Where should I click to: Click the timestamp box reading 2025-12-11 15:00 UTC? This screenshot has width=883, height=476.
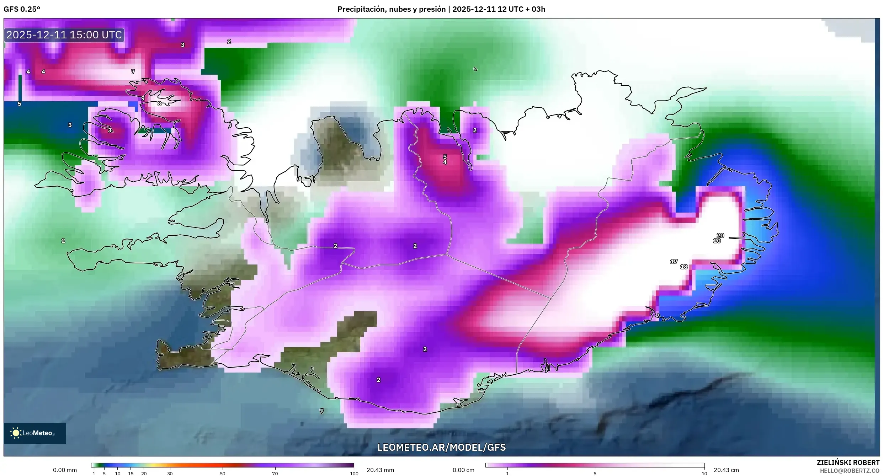point(64,35)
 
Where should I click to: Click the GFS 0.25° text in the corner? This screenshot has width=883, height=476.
point(22,9)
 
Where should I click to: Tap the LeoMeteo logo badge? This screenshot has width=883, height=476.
point(34,433)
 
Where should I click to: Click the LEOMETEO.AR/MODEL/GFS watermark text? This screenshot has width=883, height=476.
point(441,447)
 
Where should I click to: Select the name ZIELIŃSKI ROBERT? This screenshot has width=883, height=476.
point(848,462)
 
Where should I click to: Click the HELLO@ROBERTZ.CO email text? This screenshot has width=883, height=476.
point(849,471)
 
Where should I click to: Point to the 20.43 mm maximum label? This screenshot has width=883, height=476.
point(380,470)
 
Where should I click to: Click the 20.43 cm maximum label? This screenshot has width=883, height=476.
point(726,470)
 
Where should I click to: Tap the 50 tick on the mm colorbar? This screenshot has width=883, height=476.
point(223,474)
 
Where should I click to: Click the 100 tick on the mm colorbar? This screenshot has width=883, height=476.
point(354,474)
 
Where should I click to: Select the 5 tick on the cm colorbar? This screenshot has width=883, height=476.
point(595,474)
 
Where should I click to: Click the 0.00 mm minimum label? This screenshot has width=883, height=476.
point(65,470)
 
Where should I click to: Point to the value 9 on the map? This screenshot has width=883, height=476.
point(143,98)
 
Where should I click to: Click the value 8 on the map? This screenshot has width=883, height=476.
point(159,104)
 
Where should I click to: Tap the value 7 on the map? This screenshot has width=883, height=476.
point(133,71)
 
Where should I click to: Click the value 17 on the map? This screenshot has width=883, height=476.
point(674,261)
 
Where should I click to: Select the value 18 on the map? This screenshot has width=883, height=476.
point(684,267)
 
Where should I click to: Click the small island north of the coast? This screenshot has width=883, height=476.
point(475,69)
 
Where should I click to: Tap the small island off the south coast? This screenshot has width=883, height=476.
point(322,411)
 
